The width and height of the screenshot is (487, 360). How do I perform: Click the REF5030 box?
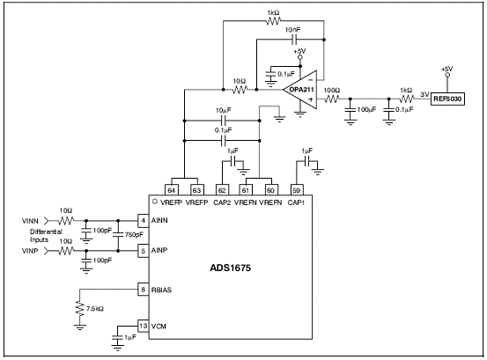click(447, 99)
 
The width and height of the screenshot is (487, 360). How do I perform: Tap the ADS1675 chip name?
click(230, 268)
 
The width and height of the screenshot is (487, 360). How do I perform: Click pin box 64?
click(171, 190)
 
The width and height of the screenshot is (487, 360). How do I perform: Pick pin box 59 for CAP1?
click(296, 190)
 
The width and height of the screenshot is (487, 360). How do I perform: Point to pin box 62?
click(222, 190)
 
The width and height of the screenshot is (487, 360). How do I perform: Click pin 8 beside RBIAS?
click(144, 290)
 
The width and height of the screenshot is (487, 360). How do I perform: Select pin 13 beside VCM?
click(144, 326)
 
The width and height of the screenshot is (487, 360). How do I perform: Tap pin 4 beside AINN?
click(144, 220)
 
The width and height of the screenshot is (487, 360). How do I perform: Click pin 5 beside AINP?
click(144, 251)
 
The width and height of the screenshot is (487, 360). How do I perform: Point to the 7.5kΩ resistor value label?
click(95, 309)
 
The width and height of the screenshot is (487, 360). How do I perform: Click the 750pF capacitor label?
click(134, 235)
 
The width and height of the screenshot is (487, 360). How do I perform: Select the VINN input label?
click(30, 221)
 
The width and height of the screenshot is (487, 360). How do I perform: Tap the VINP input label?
click(30, 251)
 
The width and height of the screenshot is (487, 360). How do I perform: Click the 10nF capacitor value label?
click(293, 30)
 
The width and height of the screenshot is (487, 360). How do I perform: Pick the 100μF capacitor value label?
click(366, 109)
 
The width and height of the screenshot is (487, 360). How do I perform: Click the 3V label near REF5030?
click(424, 94)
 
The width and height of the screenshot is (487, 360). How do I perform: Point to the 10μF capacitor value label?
click(224, 111)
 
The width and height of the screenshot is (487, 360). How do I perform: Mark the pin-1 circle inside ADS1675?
click(155, 201)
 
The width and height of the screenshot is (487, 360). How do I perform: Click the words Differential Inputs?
click(46, 236)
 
